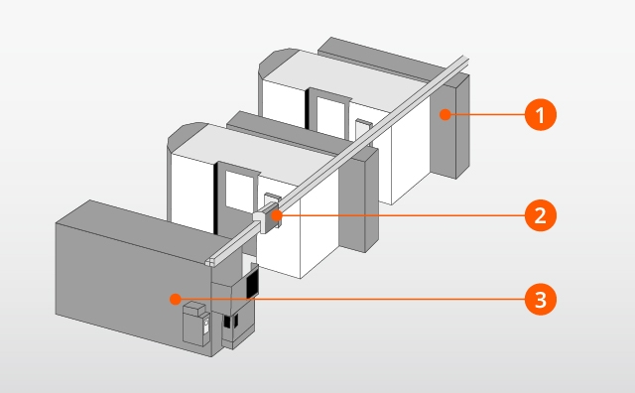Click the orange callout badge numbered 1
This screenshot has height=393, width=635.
coord(540,115)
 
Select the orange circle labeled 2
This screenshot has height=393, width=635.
coord(540,215)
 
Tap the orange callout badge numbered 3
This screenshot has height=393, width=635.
coord(540,300)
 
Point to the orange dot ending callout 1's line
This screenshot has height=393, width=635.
coord(445,115)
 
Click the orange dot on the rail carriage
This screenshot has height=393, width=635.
coord(277,215)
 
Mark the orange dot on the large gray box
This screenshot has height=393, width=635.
coord(175,300)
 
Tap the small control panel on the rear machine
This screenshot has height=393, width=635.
coord(363,129)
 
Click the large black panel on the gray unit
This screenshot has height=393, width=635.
coord(252,282)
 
